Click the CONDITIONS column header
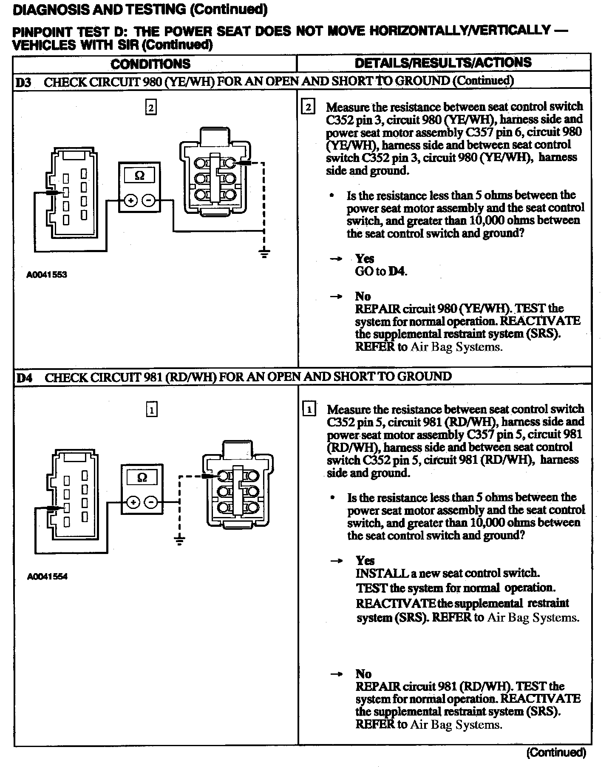pos(150,64)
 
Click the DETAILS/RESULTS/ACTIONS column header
pos(443,62)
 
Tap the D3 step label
pos(24,82)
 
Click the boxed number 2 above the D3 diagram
pos(151,107)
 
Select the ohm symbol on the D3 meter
pos(139,176)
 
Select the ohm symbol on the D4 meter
pos(142,478)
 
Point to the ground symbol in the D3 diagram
pos(264,254)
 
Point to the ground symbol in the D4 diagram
pos(180,540)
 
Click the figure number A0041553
pos(47,275)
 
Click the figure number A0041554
pos(47,577)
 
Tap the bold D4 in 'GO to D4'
pos(397,271)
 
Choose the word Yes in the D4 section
pos(365,560)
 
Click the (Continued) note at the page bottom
pos(556,753)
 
